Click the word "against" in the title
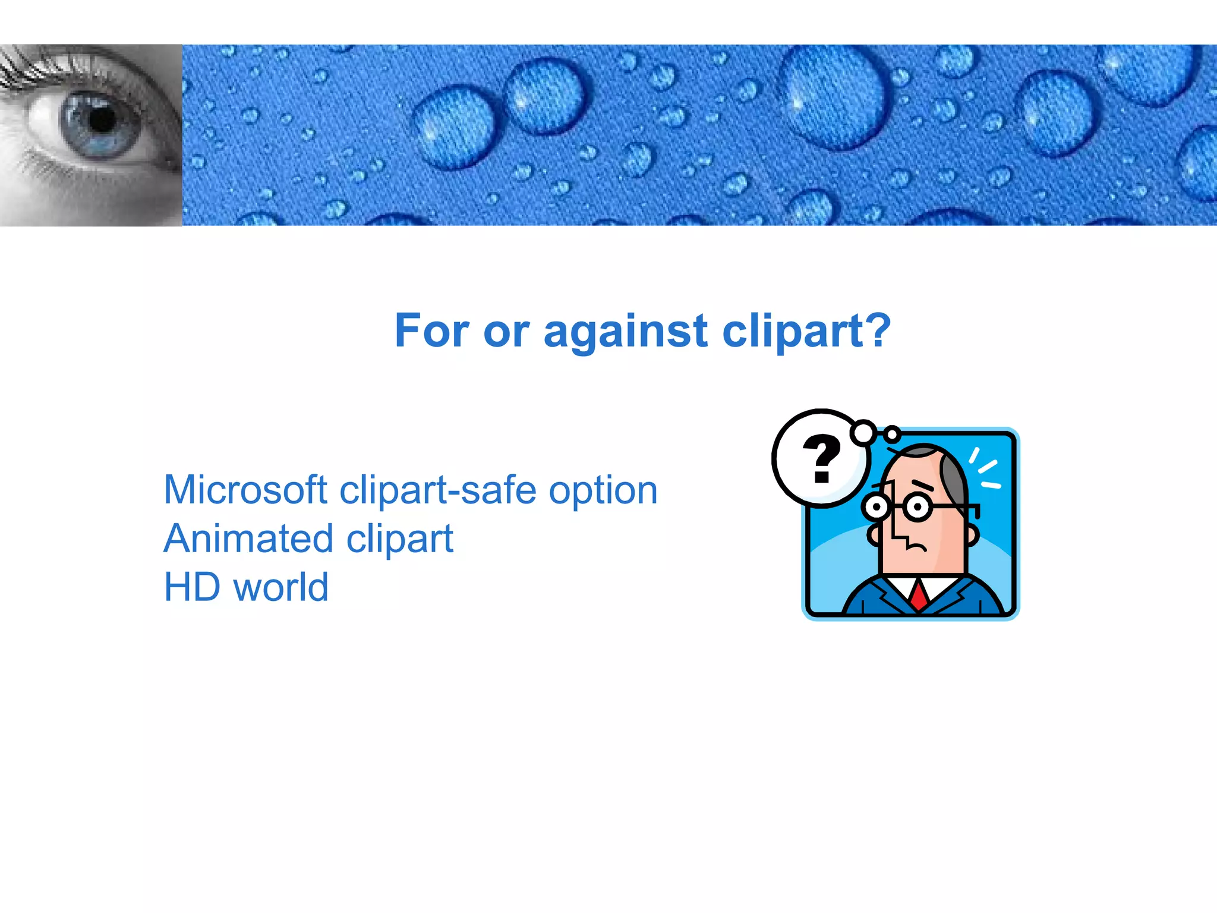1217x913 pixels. pos(625,332)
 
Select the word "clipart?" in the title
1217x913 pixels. pos(806,332)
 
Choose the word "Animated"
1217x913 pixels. pos(249,539)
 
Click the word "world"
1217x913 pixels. pos(280,587)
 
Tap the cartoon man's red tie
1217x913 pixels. pos(919,594)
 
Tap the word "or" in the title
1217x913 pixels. pos(506,332)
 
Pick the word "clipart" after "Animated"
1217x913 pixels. pos(400,540)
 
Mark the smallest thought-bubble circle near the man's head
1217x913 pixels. pos(891,435)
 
